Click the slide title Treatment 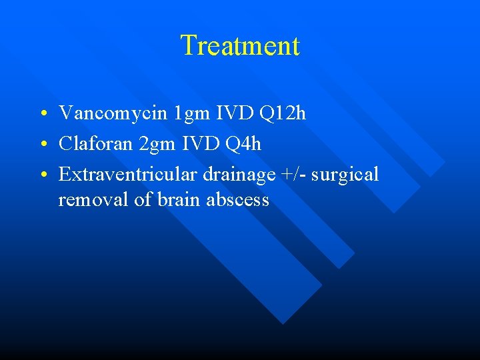click(x=240, y=46)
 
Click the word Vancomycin click(x=113, y=113)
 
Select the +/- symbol click(x=294, y=175)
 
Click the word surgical click(x=345, y=175)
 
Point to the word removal click(x=93, y=199)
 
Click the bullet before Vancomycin click(x=42, y=114)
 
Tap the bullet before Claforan click(x=42, y=145)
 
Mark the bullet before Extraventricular click(x=42, y=175)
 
